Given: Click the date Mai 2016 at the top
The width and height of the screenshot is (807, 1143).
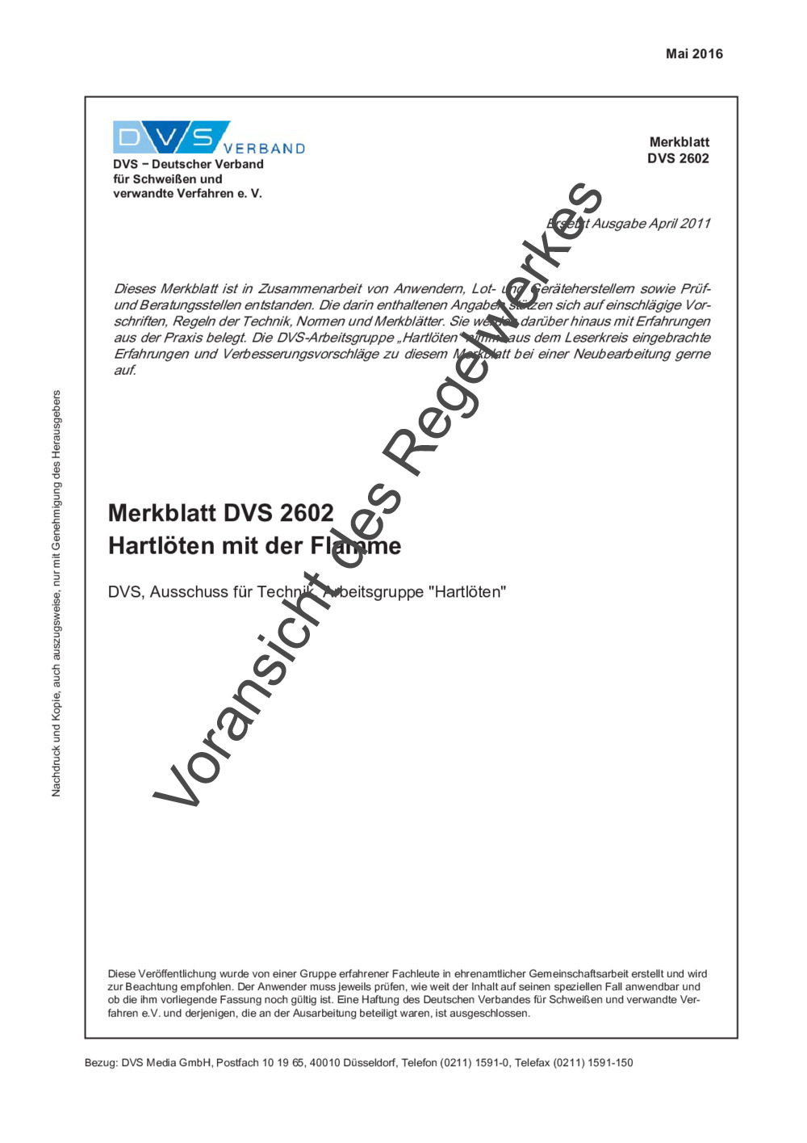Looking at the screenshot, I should click(694, 54).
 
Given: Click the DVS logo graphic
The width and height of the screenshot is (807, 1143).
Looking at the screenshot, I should click(171, 137).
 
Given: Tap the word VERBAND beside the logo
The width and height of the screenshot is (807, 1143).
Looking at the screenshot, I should click(265, 149).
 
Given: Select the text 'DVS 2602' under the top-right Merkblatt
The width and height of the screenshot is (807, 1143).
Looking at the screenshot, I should click(678, 158).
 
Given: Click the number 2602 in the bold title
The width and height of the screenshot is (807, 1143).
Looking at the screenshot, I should click(307, 513).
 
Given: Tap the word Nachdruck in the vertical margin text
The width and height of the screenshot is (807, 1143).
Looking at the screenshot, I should click(56, 771).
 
